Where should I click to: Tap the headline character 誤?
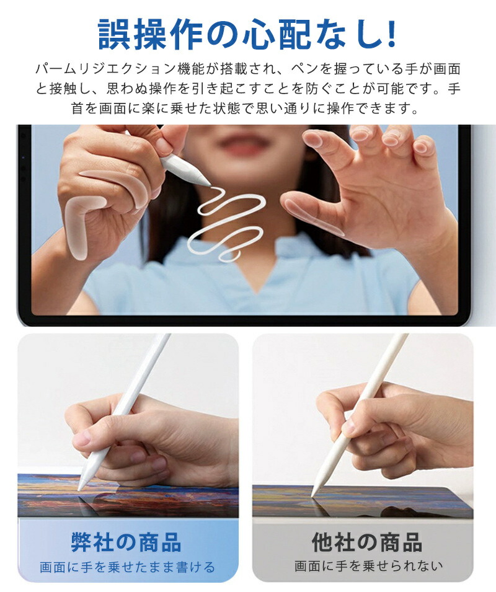(x=114, y=34)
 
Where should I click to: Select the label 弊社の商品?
(x=126, y=542)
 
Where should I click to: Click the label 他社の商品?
(x=366, y=542)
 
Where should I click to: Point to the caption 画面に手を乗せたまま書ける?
(x=128, y=567)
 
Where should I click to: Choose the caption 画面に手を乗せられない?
(x=368, y=566)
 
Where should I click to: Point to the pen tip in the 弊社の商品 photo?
(x=79, y=489)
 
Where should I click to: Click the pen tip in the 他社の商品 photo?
(x=313, y=494)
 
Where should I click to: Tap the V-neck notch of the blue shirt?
(x=257, y=290)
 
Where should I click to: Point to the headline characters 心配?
(x=277, y=34)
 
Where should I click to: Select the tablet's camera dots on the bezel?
(x=23, y=168)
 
